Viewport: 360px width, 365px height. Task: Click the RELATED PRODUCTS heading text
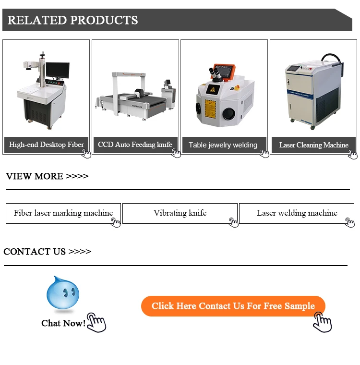(x=72, y=20)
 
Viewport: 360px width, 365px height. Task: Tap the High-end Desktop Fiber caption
(x=46, y=145)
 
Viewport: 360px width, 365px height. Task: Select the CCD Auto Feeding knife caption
(x=135, y=145)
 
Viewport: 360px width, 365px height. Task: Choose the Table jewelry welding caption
(x=223, y=145)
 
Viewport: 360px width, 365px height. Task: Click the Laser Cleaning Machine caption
(x=313, y=145)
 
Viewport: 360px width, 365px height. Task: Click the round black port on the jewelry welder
(x=228, y=114)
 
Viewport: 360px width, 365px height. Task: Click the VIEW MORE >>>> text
(x=47, y=176)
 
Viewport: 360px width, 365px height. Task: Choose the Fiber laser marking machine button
(x=63, y=213)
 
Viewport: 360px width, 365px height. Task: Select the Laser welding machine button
(x=297, y=213)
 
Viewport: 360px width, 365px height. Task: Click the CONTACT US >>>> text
(x=47, y=252)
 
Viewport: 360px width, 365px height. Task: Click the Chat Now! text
(x=63, y=323)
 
